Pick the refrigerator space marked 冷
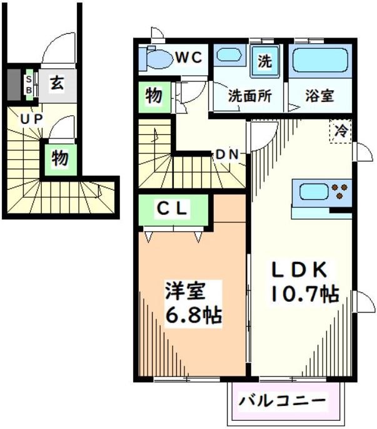coord(341,131)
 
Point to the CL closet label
coord(171,210)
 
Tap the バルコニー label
coord(284,400)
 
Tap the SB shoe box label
coord(29,83)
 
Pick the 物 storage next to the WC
coord(154,96)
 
